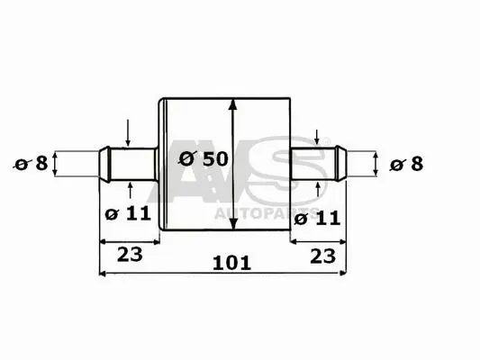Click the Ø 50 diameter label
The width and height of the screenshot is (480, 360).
(203, 157)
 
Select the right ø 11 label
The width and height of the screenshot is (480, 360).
(315, 217)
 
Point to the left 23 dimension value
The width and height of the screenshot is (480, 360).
(130, 254)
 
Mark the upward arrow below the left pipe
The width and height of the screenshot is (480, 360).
(131, 186)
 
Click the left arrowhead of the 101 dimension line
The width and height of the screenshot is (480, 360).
(102, 271)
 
